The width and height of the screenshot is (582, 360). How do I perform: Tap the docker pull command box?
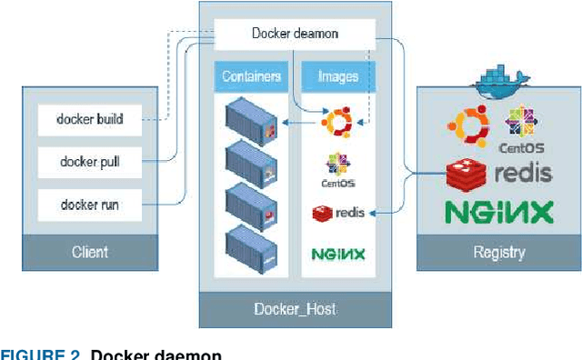[90, 162]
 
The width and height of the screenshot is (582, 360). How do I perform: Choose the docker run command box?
[90, 205]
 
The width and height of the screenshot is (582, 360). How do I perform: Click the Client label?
[90, 252]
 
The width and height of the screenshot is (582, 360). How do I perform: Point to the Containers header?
[250, 76]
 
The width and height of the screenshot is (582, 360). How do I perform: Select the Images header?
[337, 76]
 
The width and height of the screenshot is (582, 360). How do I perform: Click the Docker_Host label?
[294, 309]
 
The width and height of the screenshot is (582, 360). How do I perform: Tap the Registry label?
[499, 252]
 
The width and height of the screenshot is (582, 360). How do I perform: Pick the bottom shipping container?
[250, 245]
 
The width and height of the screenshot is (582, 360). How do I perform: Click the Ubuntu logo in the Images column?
[337, 122]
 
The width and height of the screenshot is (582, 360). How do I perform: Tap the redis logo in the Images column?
[337, 213]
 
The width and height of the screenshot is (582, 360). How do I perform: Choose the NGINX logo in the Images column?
[337, 254]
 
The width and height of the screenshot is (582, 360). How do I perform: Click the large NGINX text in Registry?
[498, 212]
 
